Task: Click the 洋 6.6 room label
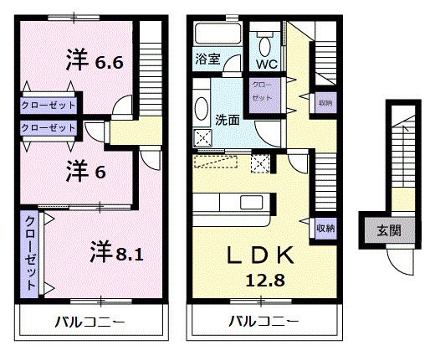tap(95, 60)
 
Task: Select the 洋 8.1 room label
tap(117, 252)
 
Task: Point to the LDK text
tap(260, 255)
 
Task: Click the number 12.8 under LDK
tap(265, 281)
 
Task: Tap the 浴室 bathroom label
tap(207, 59)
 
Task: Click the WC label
tap(267, 64)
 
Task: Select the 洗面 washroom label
tap(228, 120)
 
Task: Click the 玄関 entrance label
tap(389, 230)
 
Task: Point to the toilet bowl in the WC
tap(265, 46)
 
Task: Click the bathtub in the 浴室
tap(217, 34)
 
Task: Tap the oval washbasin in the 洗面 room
tap(202, 109)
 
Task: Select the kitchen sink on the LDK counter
tap(252, 203)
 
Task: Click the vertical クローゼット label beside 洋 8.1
tap(30, 253)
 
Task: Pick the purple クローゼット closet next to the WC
tap(264, 95)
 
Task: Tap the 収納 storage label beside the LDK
tap(325, 228)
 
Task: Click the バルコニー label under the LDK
tap(264, 322)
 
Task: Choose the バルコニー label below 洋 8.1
tap(90, 322)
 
